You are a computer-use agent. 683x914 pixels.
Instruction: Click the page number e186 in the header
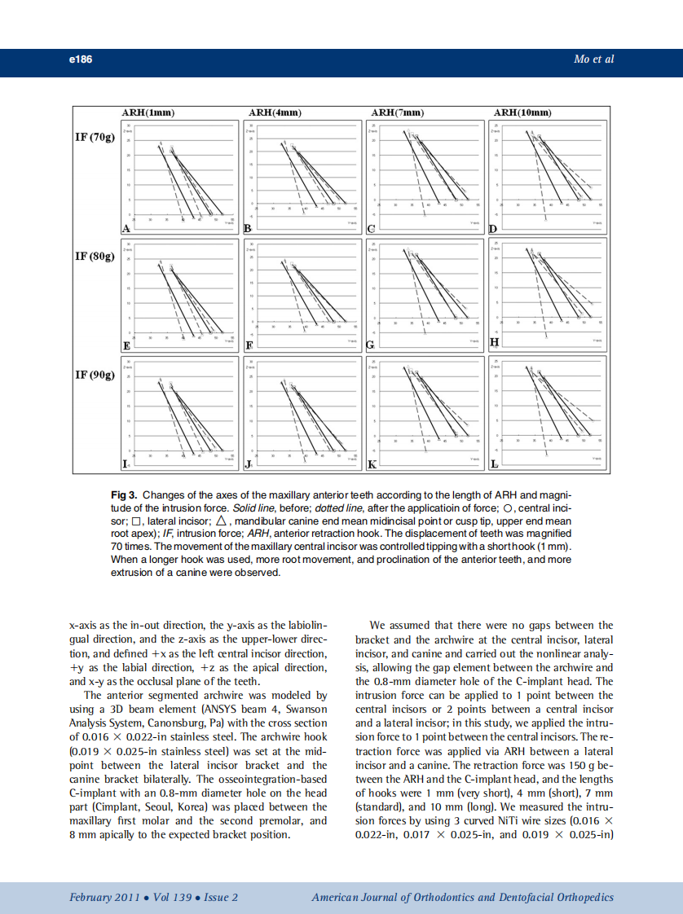pyautogui.click(x=81, y=59)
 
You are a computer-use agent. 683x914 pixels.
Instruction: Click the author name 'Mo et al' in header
pyautogui.click(x=594, y=59)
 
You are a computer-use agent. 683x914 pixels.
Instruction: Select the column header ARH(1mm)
pyautogui.click(x=148, y=112)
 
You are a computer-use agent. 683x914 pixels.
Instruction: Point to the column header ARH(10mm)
pyautogui.click(x=523, y=112)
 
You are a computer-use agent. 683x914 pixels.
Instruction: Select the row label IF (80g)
pyautogui.click(x=95, y=256)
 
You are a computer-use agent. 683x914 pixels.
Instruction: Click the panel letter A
pyautogui.click(x=126, y=229)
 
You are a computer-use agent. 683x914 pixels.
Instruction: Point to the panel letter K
pyautogui.click(x=372, y=465)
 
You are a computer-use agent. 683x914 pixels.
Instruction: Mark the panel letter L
pyautogui.click(x=494, y=465)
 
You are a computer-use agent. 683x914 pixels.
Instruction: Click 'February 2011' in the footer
pyautogui.click(x=103, y=897)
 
